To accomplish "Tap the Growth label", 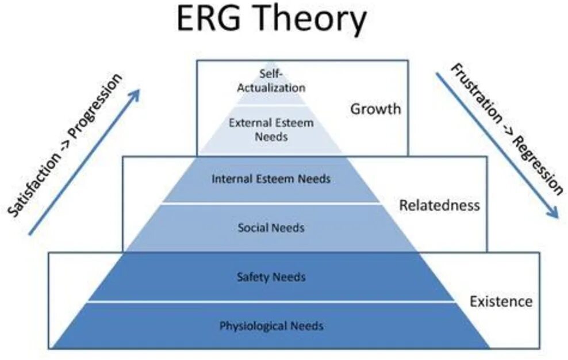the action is click(375, 108).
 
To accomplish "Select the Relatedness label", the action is click(439, 205).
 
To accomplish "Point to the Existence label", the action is click(501, 301).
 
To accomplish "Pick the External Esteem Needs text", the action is click(271, 129).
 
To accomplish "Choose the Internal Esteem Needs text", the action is click(271, 179).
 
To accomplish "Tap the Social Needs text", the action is click(271, 228).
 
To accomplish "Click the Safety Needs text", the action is click(271, 277).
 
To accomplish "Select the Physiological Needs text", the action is click(271, 326).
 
